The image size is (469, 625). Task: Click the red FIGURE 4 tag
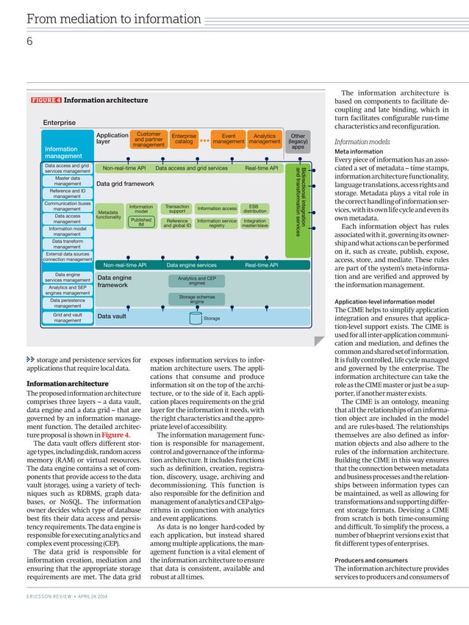(x=46, y=100)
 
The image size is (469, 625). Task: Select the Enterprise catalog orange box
(x=184, y=139)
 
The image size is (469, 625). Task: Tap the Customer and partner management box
(x=148, y=140)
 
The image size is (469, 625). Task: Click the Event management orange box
(x=228, y=139)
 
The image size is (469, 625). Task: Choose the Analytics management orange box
(x=264, y=139)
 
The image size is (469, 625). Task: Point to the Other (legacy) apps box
(x=298, y=141)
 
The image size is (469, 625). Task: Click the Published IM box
(x=140, y=222)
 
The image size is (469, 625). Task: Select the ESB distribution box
(x=254, y=209)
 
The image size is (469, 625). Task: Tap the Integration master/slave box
(x=254, y=223)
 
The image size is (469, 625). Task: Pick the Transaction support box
(x=176, y=209)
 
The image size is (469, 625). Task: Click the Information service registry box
(x=216, y=223)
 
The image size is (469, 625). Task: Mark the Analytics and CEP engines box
(x=197, y=280)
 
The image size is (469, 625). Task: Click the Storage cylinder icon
(x=196, y=318)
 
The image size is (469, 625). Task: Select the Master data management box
(x=67, y=181)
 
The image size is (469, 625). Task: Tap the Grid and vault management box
(x=67, y=317)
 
